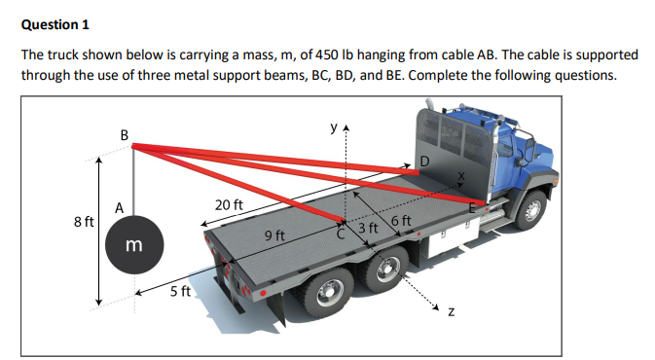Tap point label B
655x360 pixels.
(123, 134)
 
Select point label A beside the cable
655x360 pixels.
(118, 206)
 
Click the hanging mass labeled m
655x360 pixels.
(134, 249)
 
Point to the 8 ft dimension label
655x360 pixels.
(84, 222)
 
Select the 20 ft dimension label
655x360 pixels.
(228, 206)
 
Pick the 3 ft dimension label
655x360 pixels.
(368, 229)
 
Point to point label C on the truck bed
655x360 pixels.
(341, 234)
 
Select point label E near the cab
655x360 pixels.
(474, 207)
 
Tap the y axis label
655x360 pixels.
(332, 126)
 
